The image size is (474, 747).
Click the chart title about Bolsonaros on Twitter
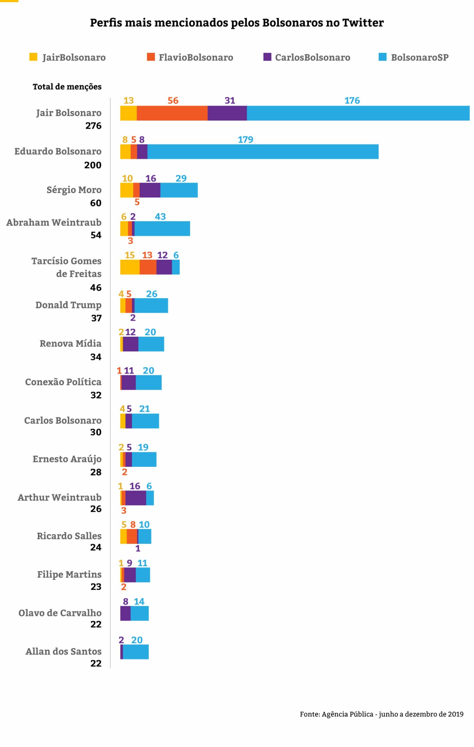click(237, 23)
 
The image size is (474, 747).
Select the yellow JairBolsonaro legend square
click(33, 57)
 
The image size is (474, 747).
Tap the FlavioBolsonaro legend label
click(196, 58)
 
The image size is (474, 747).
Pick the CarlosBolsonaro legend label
click(312, 58)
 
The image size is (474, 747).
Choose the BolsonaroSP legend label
click(420, 58)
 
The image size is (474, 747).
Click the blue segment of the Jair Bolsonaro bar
click(358, 113)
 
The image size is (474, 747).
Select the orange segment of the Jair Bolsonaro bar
click(172, 113)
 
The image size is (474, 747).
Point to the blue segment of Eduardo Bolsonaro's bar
click(263, 152)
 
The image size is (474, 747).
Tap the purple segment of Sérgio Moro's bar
click(150, 190)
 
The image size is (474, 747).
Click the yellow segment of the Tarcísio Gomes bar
click(130, 267)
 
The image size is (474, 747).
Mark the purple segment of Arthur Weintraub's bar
click(136, 498)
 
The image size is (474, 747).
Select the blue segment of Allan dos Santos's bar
click(136, 652)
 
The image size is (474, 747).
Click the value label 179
click(245, 140)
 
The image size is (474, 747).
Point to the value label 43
click(160, 217)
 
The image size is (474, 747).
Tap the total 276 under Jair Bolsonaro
click(93, 126)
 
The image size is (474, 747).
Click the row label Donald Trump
click(68, 305)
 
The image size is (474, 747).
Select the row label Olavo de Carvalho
click(60, 613)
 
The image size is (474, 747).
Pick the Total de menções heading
click(67, 87)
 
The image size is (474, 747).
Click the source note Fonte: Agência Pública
click(381, 714)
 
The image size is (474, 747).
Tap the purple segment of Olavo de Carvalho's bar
click(125, 614)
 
